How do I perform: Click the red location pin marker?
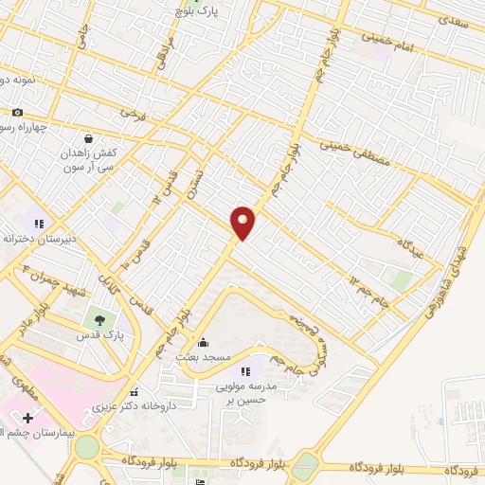[243, 222]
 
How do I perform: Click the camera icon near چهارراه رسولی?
[17, 113]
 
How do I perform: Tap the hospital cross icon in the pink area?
[28, 418]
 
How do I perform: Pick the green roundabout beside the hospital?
[87, 446]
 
